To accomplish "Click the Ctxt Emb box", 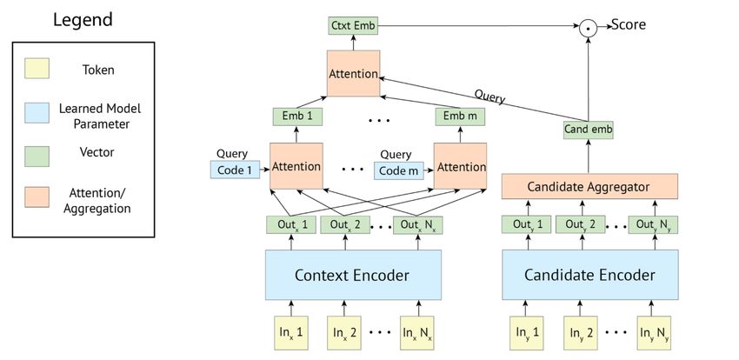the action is (353, 26).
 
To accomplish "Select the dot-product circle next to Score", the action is (588, 29).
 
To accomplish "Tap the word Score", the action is (629, 24).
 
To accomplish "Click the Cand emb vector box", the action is (589, 130).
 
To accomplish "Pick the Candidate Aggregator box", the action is (589, 187).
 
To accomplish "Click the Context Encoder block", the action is (353, 275).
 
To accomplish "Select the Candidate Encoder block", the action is (590, 275).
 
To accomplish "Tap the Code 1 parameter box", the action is (235, 170).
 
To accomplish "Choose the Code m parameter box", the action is (399, 170).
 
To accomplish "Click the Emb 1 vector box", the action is (297, 117).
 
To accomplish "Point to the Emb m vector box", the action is (460, 117).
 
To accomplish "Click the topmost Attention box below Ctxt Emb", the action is (354, 74).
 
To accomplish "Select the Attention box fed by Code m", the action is (460, 166).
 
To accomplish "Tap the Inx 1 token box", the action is (291, 333).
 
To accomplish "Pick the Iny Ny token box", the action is (653, 333).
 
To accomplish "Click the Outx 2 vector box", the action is (345, 224).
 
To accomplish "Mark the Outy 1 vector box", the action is (526, 224).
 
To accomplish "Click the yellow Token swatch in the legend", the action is (37, 69).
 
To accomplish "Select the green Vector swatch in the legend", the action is (37, 156).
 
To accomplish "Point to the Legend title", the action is (83, 20).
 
